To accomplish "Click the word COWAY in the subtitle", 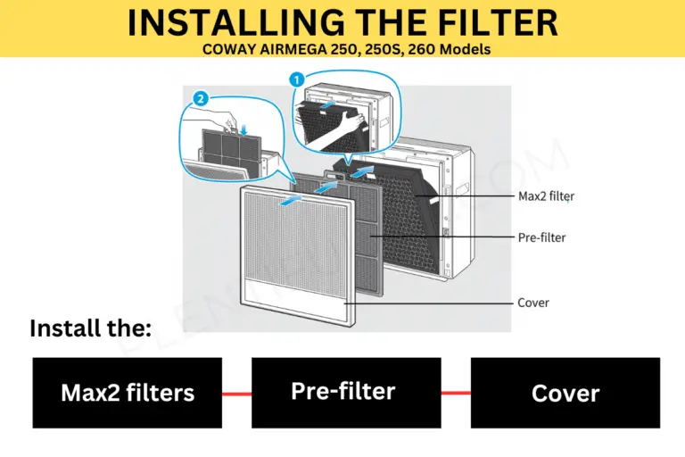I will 233,50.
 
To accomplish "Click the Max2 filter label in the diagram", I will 543,196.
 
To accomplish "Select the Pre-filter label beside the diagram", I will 541,237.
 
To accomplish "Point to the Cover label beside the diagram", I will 533,303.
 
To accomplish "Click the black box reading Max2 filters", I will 127,393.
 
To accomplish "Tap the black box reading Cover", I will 565,393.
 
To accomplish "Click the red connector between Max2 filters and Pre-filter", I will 236,393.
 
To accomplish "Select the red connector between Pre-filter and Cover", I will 456,393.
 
